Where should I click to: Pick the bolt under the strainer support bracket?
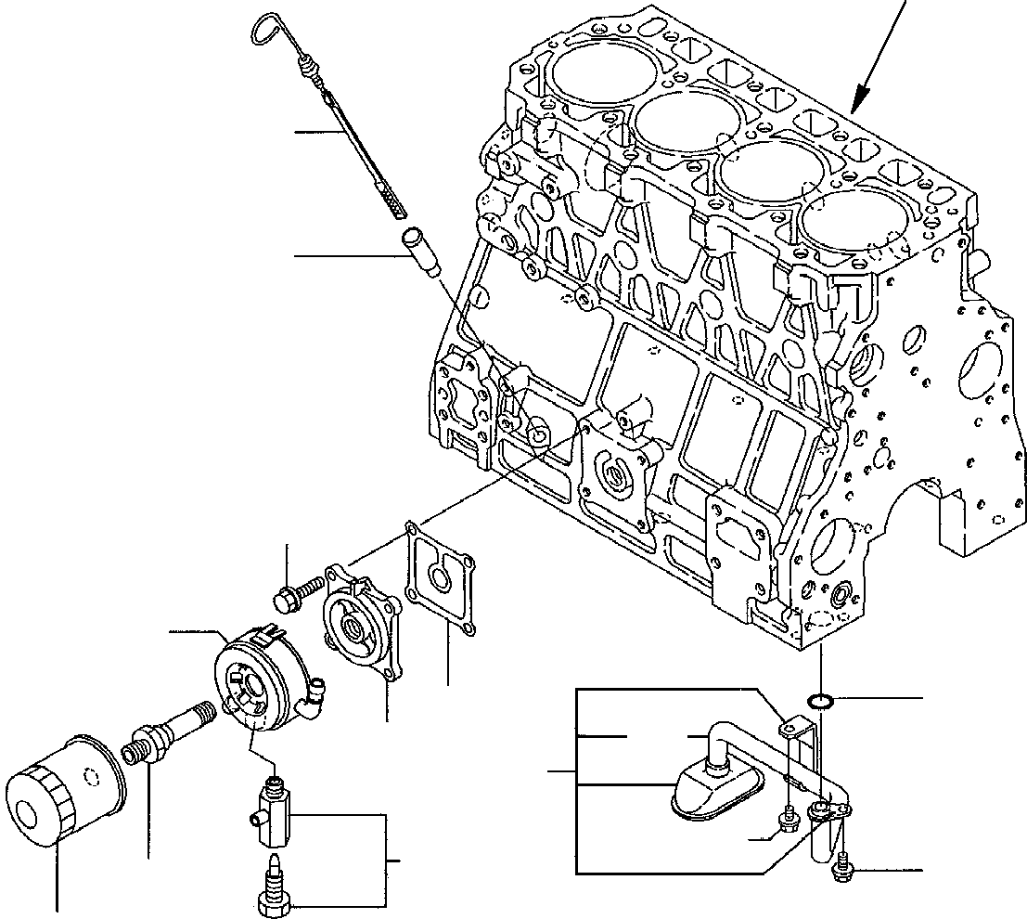790,818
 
